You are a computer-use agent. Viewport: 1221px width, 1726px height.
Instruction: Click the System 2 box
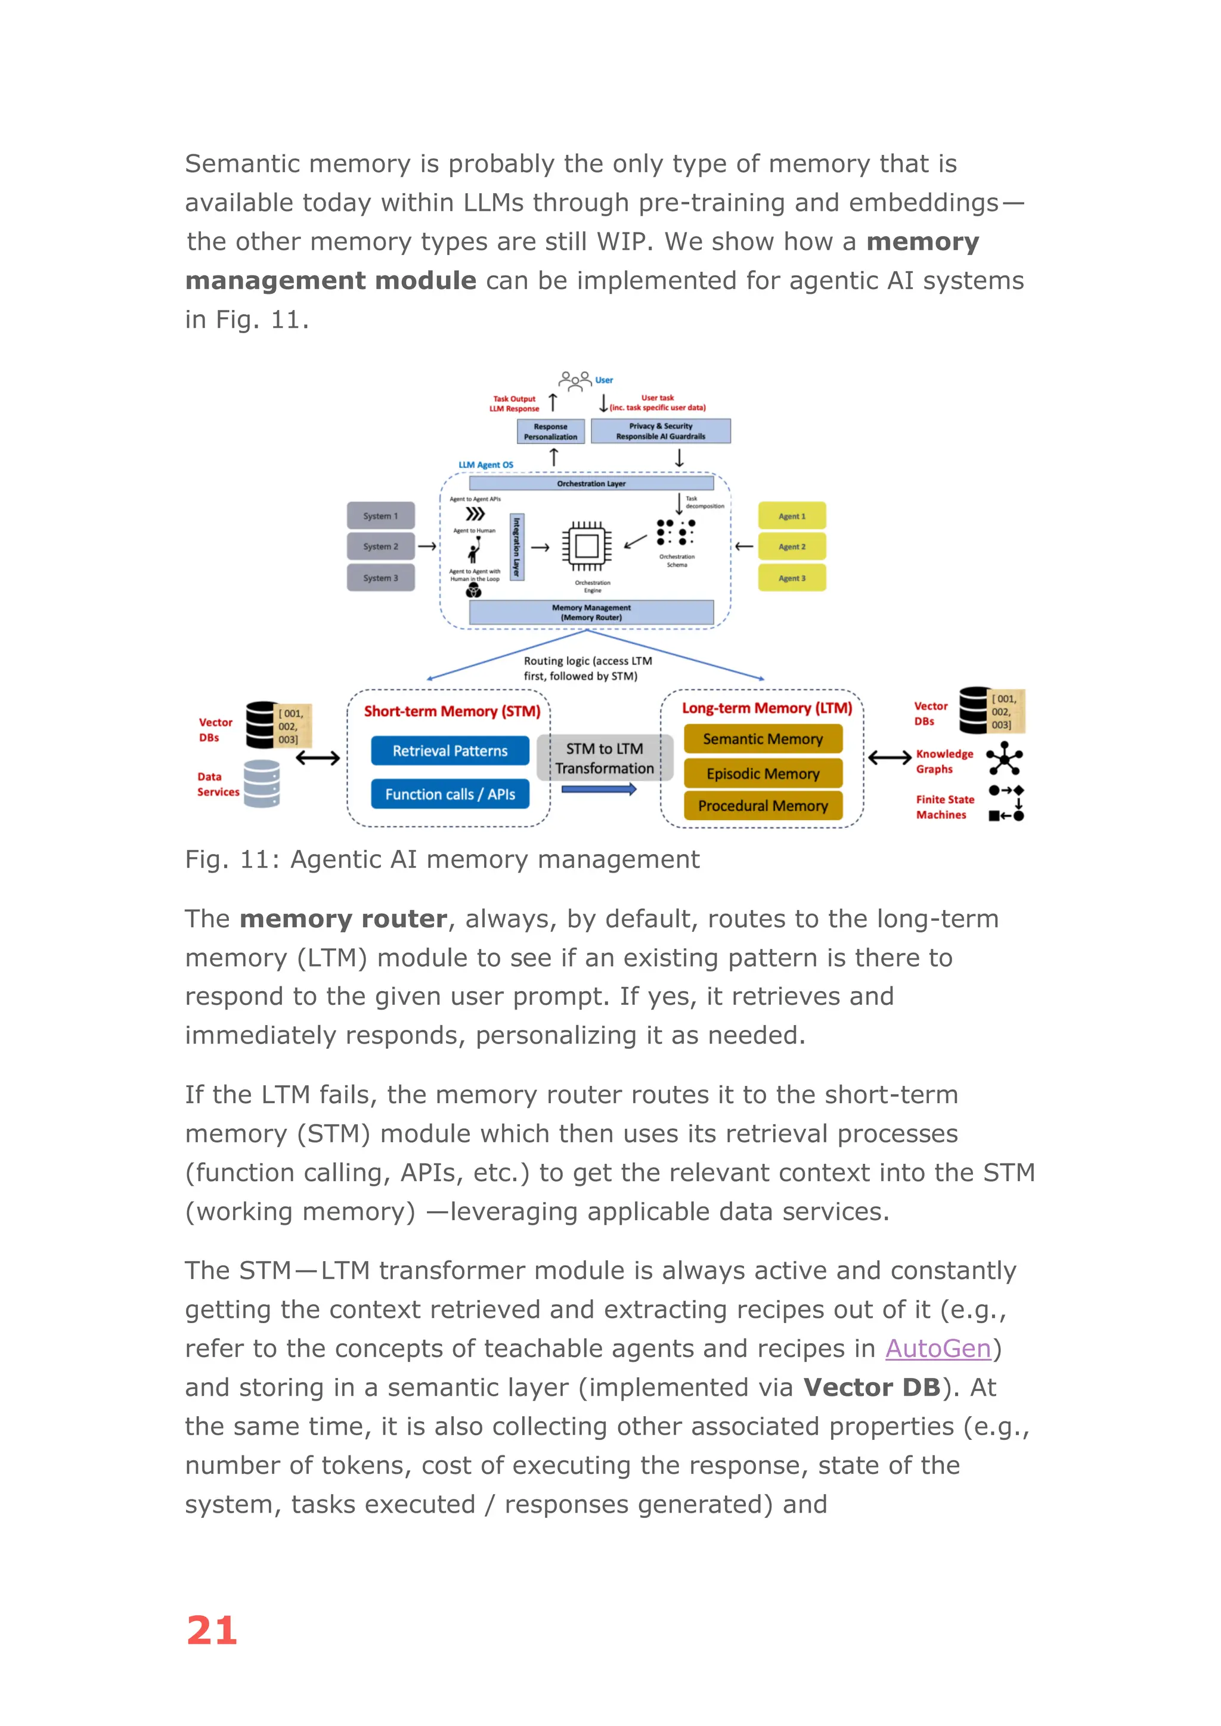380,547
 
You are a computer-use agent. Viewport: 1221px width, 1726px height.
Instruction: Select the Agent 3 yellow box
792,578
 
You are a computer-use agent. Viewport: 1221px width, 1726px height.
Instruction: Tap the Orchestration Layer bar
591,483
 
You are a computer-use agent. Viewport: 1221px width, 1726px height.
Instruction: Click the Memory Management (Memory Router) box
591,613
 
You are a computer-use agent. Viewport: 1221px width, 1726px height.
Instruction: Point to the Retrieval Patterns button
450,751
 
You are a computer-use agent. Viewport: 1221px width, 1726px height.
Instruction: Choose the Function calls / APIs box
450,794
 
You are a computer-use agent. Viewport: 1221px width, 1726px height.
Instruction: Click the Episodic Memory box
763,774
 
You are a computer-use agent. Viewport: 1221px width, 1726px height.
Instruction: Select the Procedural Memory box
763,806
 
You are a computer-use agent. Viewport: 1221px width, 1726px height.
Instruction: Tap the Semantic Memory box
763,739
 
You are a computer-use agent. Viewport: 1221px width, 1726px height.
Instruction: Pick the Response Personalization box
550,431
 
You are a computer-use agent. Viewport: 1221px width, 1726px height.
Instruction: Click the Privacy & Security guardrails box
660,431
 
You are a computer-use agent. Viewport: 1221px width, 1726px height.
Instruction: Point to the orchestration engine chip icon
587,547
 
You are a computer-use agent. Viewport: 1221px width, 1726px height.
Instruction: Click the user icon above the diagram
575,380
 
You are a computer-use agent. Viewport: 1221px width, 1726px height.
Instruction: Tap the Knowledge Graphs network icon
1005,759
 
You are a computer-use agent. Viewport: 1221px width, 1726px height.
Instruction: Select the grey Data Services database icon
262,783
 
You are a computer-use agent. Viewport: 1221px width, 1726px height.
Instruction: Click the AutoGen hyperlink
938,1349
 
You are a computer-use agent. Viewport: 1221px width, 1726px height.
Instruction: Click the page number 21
212,1631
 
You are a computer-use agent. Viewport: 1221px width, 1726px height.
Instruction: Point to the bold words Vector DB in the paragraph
872,1387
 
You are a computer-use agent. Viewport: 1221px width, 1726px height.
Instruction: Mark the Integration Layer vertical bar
516,547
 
